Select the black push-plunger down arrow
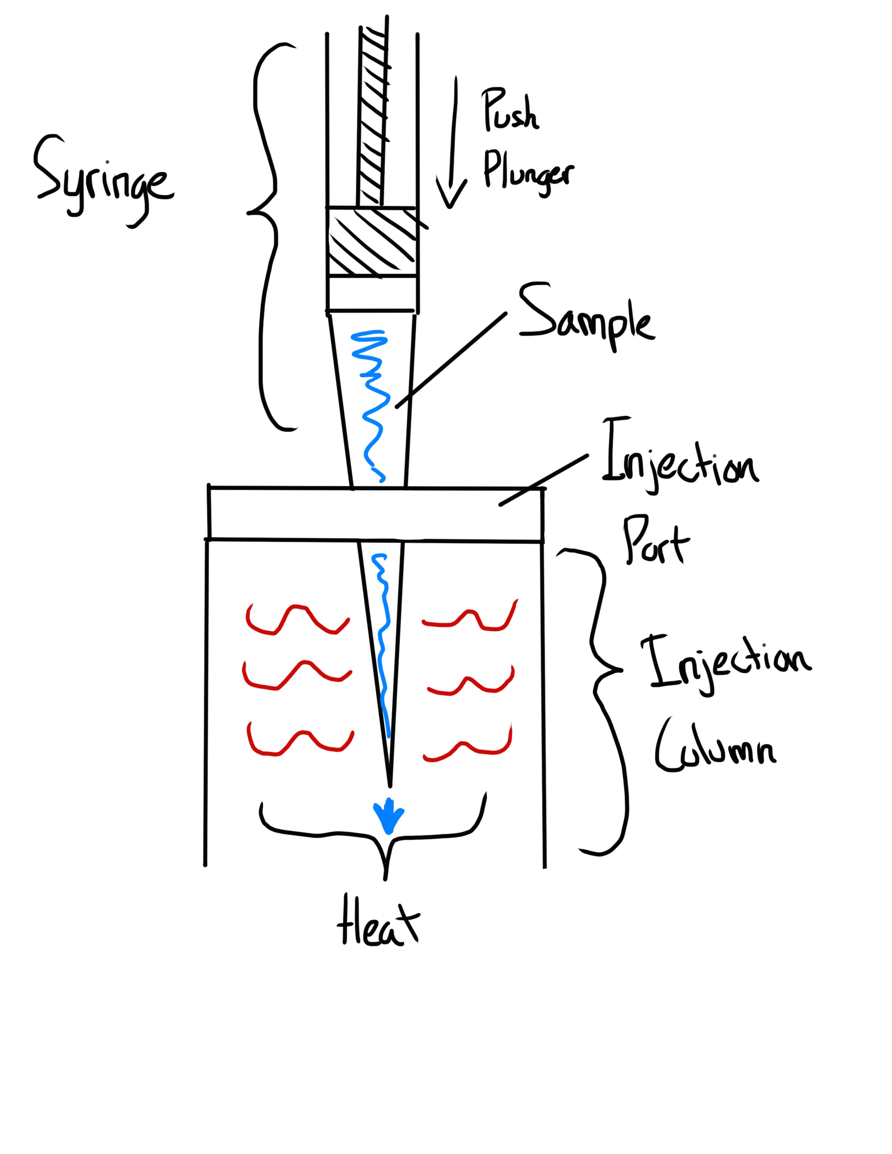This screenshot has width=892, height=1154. [452, 143]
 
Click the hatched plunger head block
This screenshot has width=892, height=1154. [371, 242]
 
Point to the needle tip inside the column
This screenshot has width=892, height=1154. [389, 782]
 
